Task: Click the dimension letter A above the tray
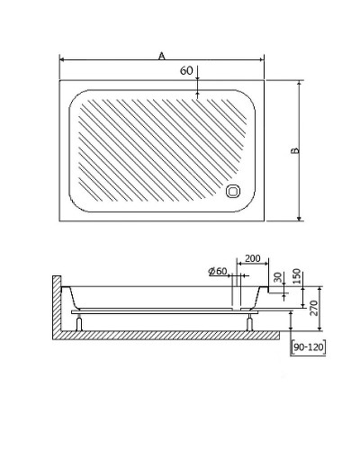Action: coord(162,56)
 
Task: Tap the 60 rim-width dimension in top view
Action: coord(187,69)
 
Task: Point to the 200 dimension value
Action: coord(252,259)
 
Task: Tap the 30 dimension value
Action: coord(278,277)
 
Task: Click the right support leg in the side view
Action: coord(249,322)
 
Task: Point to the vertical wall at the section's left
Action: coord(57,306)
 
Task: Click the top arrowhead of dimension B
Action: coord(298,82)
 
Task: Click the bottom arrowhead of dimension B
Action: coord(298,219)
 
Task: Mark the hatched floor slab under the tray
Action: coord(171,336)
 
